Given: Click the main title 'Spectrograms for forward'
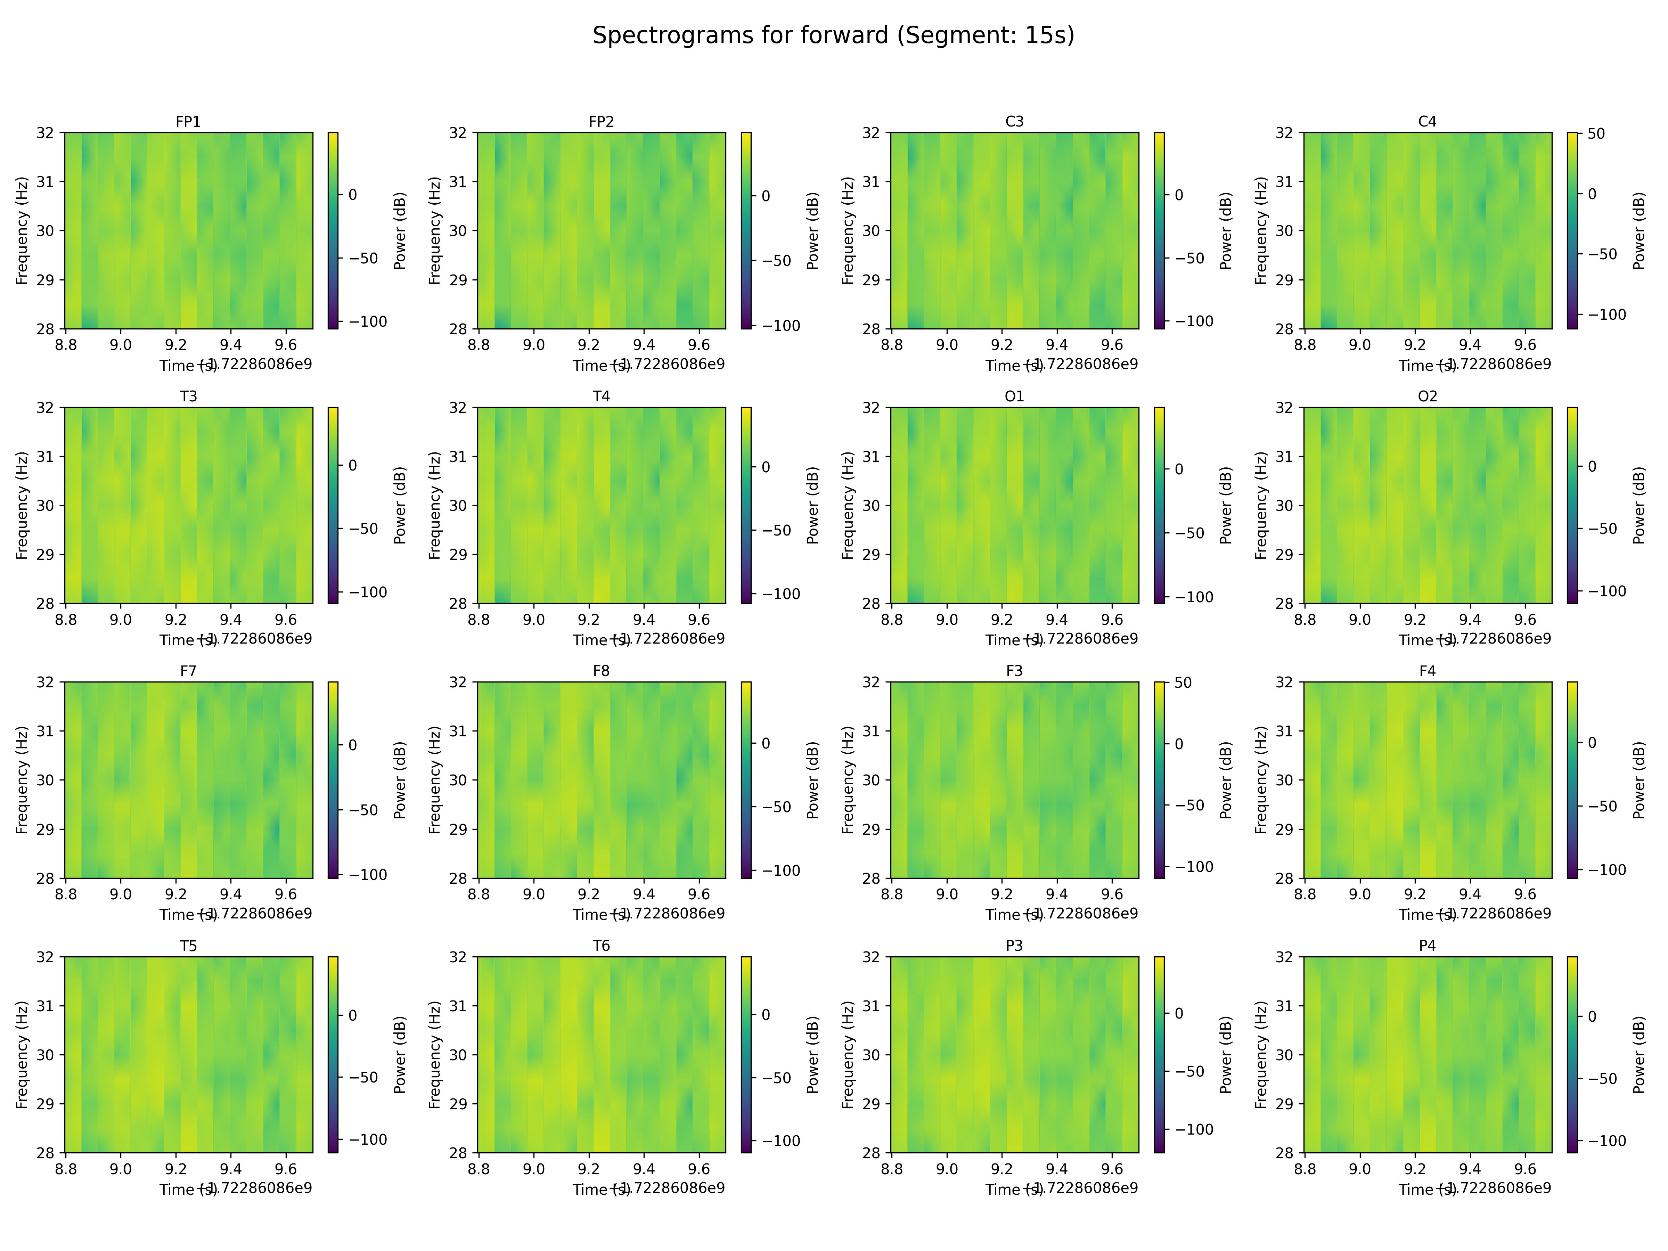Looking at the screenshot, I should coord(833,35).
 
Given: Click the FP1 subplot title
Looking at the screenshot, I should coord(188,121).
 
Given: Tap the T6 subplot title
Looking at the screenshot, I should coord(601,946).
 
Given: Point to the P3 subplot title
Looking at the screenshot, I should coord(1014,946).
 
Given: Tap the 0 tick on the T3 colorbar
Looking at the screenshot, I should coord(352,465).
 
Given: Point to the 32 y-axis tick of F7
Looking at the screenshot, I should coord(45,682).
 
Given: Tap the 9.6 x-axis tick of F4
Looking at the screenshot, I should coord(1525,894).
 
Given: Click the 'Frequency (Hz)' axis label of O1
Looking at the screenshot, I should coord(848,505).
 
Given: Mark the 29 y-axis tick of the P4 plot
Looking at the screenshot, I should coord(1284,1104).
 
